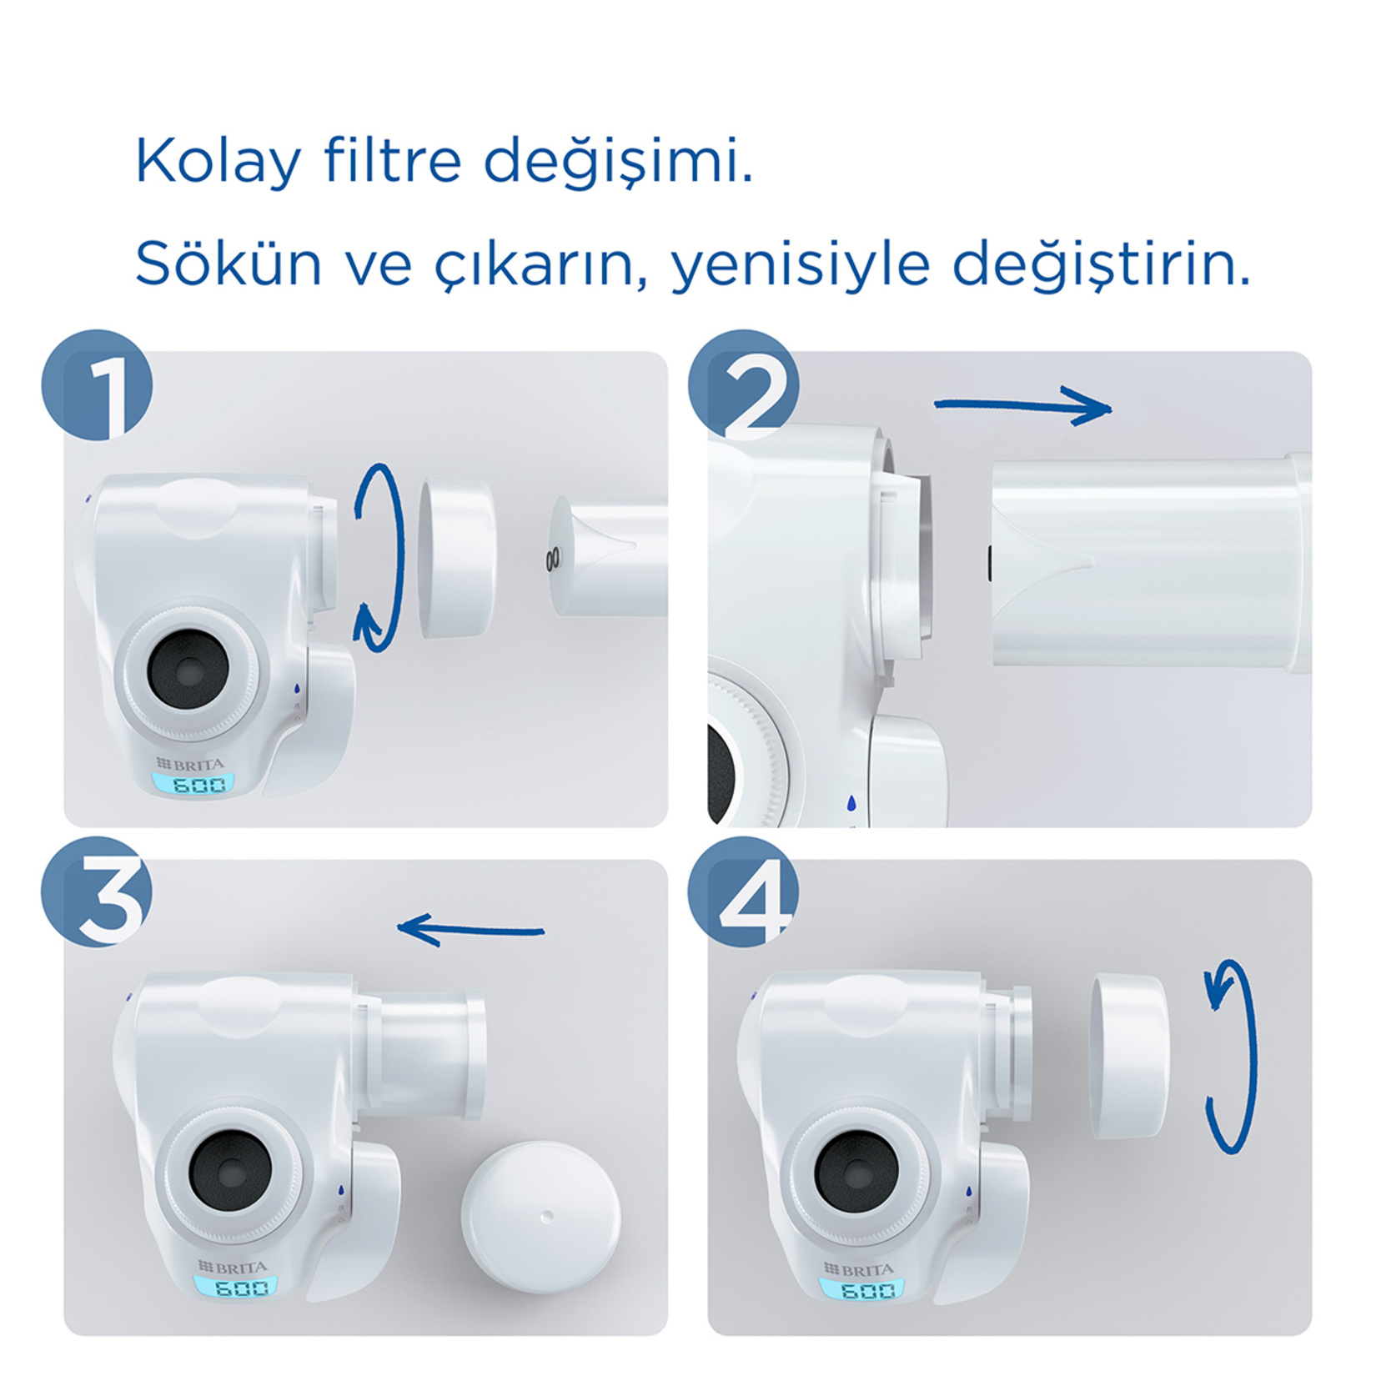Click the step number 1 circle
click(x=98, y=384)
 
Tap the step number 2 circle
click(x=743, y=384)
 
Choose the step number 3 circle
click(x=98, y=891)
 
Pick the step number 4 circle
click(x=743, y=891)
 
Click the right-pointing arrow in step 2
click(x=1023, y=406)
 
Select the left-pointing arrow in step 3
click(x=471, y=930)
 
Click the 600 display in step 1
click(x=193, y=784)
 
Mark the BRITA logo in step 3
click(x=233, y=1267)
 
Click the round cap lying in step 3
click(x=541, y=1217)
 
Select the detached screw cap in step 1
click(x=456, y=559)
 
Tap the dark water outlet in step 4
click(x=856, y=1173)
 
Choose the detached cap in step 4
click(x=1130, y=1056)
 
